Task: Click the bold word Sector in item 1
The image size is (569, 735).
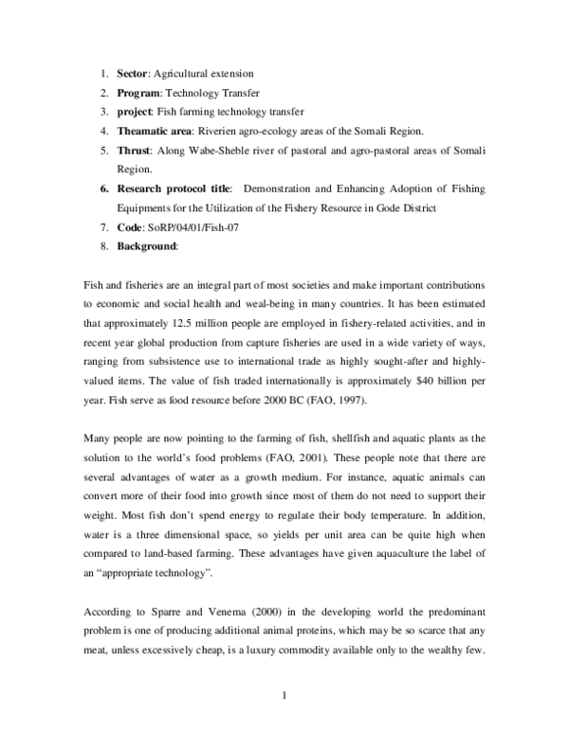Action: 134,74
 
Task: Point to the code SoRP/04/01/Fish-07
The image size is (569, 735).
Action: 194,228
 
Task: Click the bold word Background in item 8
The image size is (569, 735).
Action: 147,247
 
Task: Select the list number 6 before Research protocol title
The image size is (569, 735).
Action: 104,189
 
